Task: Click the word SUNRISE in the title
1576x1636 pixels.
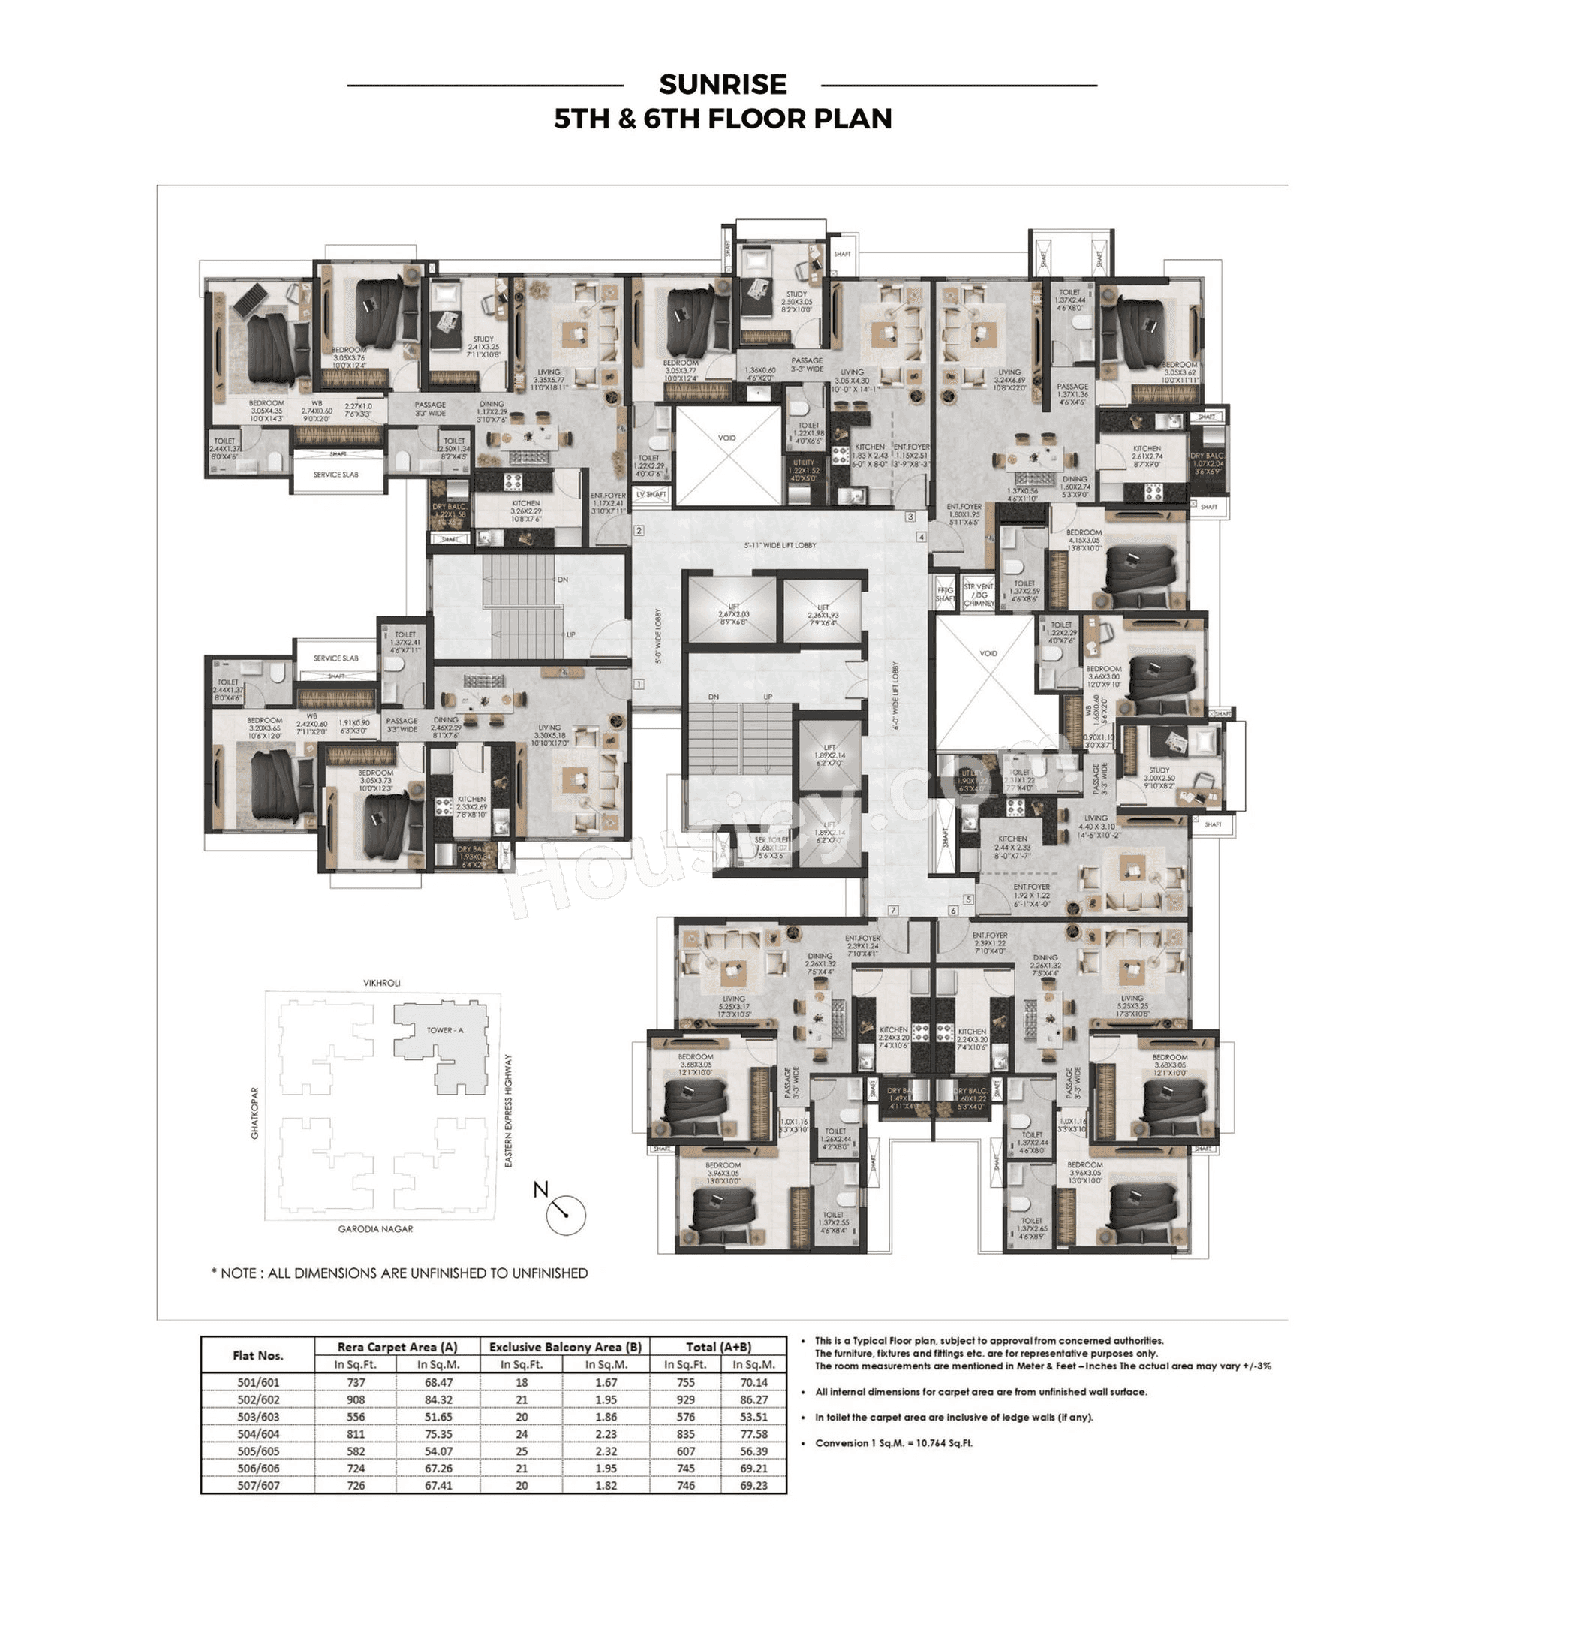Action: pos(723,84)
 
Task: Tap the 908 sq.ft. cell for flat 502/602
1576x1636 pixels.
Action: pos(356,1399)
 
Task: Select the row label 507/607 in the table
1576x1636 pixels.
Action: pos(258,1485)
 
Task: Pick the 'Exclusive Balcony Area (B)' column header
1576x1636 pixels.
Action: pos(565,1346)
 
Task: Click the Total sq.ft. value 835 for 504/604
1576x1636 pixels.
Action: pos(685,1434)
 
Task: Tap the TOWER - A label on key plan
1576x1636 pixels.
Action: pos(445,1030)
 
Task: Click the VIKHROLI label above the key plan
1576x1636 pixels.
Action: pos(381,983)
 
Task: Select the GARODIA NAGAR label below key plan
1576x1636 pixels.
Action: pos(375,1228)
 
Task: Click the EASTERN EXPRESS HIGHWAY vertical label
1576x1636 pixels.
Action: pos(508,1110)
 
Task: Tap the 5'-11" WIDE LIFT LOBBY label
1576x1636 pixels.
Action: pos(780,545)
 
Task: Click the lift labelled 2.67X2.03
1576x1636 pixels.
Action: pos(733,613)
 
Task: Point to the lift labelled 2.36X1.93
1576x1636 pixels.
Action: pos(823,613)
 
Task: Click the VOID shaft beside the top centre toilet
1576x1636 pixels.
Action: pos(727,455)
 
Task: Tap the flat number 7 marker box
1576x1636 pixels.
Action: pos(893,910)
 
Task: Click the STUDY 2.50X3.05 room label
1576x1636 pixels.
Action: pos(796,300)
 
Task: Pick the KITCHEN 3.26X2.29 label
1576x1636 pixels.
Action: pos(525,510)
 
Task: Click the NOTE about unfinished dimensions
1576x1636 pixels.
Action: pos(400,1273)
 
